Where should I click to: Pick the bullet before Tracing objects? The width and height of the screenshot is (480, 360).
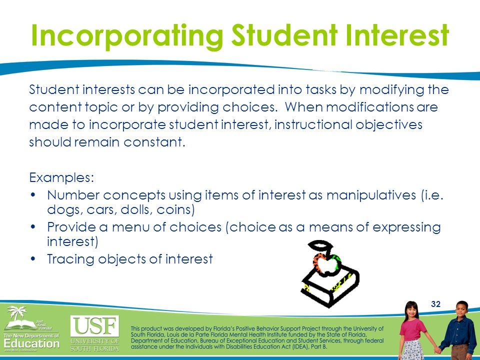(x=33, y=259)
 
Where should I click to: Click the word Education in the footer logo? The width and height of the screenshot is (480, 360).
(x=31, y=344)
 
